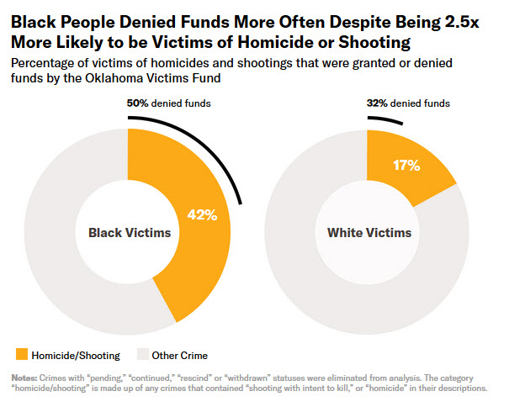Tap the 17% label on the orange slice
point(406,166)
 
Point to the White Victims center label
point(367,232)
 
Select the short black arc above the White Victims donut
point(388,119)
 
